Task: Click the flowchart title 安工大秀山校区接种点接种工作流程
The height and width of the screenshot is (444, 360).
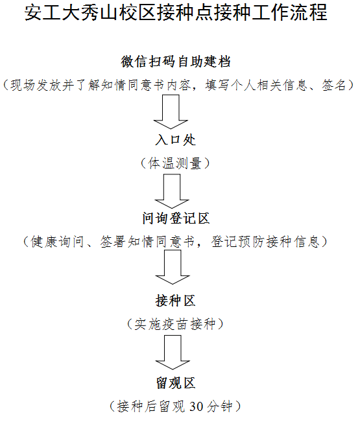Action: coord(176,12)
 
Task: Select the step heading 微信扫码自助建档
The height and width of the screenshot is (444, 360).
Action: coord(176,62)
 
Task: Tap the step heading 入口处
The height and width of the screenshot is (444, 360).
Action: coord(176,140)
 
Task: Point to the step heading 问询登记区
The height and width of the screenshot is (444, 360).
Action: coord(176,218)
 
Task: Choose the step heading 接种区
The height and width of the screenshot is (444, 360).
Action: coord(176,301)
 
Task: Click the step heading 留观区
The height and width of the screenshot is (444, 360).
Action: coord(176,383)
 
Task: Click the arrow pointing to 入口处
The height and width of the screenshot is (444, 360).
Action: coord(171,112)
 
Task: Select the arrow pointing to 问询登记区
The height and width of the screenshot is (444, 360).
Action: coord(172,191)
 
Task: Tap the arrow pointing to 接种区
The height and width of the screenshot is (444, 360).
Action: coord(173,267)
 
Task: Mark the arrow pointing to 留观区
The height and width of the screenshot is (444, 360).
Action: coord(173,352)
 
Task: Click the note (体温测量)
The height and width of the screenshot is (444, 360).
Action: coord(175,163)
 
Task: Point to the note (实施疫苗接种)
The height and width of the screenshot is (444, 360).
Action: coord(175,324)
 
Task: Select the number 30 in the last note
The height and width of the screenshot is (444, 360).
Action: coord(196,406)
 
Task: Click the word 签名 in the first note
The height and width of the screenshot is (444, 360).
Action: coord(335,85)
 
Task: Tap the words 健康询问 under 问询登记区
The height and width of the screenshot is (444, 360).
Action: coord(57,242)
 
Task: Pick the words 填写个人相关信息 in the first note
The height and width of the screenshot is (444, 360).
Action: coord(256,85)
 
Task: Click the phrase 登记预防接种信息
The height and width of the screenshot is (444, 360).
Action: coord(265,242)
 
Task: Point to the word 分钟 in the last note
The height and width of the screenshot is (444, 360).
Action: coord(220,406)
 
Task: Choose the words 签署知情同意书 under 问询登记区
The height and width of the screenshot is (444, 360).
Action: coord(147,242)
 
